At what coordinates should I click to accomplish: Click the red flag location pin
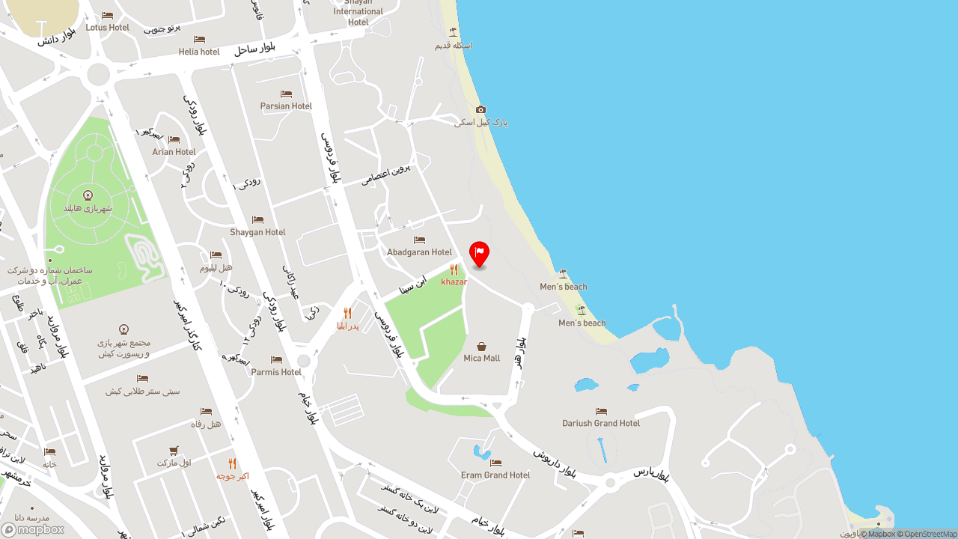(479, 253)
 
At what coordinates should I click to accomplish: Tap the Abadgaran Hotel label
(419, 252)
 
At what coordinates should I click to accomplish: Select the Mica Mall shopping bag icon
(481, 347)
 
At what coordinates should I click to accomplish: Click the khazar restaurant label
(454, 282)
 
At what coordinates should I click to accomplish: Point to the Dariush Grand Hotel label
(601, 423)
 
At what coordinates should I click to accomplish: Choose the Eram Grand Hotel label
(495, 475)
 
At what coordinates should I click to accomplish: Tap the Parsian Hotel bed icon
(286, 94)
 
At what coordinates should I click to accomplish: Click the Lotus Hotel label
(108, 28)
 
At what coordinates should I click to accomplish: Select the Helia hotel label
(199, 52)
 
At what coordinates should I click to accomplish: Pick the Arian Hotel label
(174, 152)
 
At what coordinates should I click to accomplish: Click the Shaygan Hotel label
(257, 232)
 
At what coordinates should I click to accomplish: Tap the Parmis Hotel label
(276, 372)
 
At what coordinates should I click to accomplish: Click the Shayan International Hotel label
(359, 12)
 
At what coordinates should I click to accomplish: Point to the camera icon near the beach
(480, 109)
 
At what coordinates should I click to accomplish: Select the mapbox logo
(33, 529)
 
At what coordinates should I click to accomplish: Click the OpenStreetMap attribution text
(930, 534)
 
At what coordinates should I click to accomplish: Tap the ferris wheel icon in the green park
(88, 195)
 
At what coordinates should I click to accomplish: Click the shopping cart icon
(174, 451)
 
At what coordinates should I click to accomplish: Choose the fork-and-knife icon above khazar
(454, 269)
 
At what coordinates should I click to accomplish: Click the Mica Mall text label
(481, 359)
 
